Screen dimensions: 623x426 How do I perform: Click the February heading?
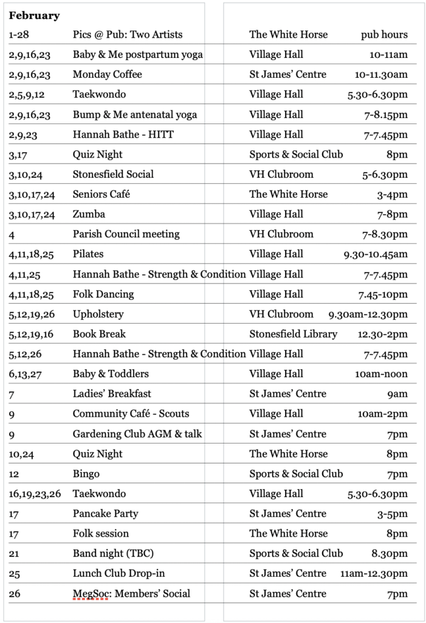[x=34, y=16]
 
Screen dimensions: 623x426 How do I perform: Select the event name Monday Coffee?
[x=107, y=75]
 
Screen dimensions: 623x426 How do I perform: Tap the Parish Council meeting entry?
[x=126, y=234]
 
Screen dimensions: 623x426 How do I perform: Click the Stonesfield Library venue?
[x=293, y=334]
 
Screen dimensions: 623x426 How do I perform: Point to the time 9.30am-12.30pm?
[x=368, y=315]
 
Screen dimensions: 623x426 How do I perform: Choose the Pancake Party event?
[x=105, y=514]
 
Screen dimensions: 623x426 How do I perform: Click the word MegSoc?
[x=90, y=594]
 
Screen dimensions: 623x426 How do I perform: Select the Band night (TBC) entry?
[x=113, y=554]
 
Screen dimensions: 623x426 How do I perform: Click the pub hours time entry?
[x=384, y=35]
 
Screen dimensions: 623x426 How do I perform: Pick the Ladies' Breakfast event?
[x=112, y=394]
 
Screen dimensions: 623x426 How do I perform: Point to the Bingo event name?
[x=86, y=474]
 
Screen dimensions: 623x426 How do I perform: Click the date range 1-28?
[x=21, y=35]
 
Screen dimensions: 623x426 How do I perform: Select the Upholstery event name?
[x=98, y=315]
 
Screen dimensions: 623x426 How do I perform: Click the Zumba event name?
[x=89, y=214]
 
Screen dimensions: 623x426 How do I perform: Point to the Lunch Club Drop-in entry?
[x=119, y=574]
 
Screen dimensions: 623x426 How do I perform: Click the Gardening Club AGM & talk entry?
[x=137, y=434]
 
